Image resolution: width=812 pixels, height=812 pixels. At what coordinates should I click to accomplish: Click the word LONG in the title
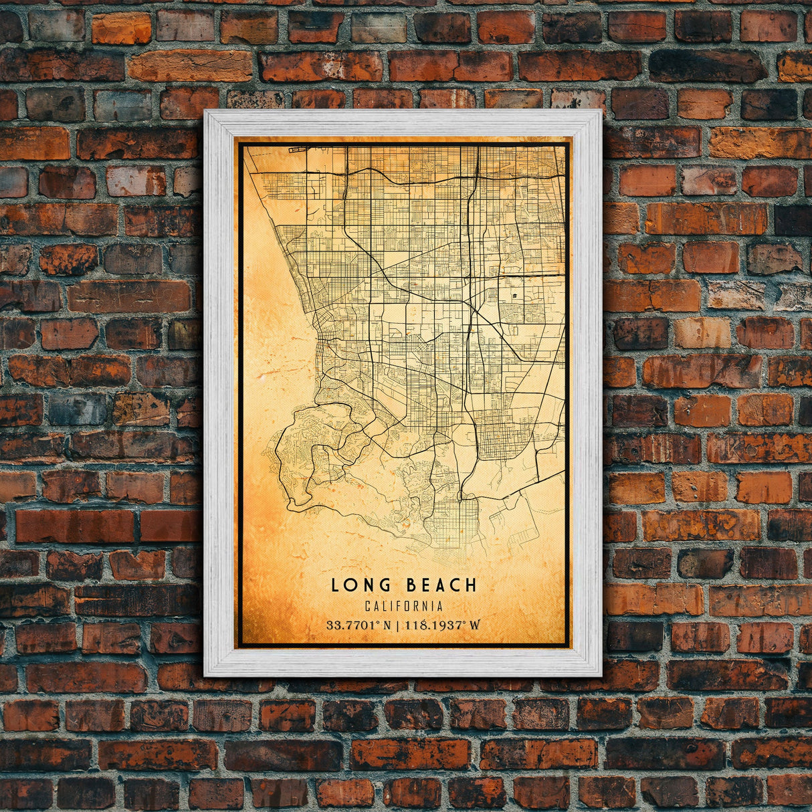(x=361, y=585)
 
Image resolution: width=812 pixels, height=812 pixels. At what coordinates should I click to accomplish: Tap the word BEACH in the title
(x=441, y=585)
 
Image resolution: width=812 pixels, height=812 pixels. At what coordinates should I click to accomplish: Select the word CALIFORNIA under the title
(x=403, y=607)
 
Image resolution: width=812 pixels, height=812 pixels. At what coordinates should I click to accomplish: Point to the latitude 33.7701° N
(x=358, y=626)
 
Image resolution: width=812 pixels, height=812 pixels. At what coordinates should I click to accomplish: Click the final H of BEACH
(x=472, y=585)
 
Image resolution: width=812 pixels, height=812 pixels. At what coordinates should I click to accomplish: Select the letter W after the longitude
(x=475, y=626)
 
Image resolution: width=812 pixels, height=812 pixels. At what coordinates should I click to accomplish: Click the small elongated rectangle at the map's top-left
(x=296, y=150)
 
